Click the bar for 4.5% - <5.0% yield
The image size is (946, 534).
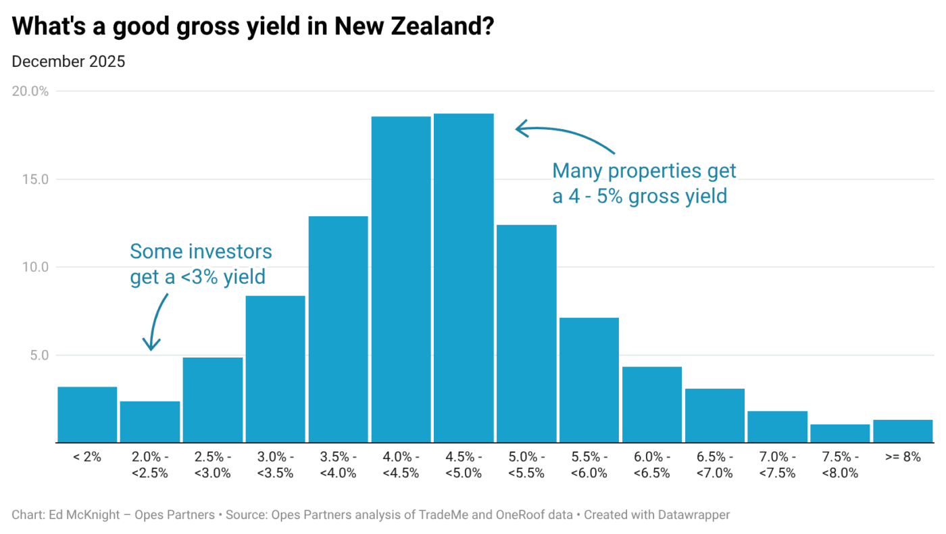(x=464, y=278)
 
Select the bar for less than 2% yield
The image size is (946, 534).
(x=87, y=414)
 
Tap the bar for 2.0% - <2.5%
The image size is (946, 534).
(x=150, y=422)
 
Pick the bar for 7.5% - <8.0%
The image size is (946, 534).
(x=840, y=433)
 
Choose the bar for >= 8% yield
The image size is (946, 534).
(x=903, y=431)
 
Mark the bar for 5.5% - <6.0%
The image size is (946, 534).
(x=589, y=380)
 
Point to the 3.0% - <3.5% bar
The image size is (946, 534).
(x=275, y=369)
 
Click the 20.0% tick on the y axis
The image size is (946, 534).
(x=30, y=91)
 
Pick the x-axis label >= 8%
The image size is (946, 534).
(x=903, y=458)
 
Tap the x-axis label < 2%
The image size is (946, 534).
(x=87, y=458)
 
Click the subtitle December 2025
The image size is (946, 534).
(x=68, y=62)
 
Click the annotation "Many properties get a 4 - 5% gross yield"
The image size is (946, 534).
(x=643, y=183)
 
